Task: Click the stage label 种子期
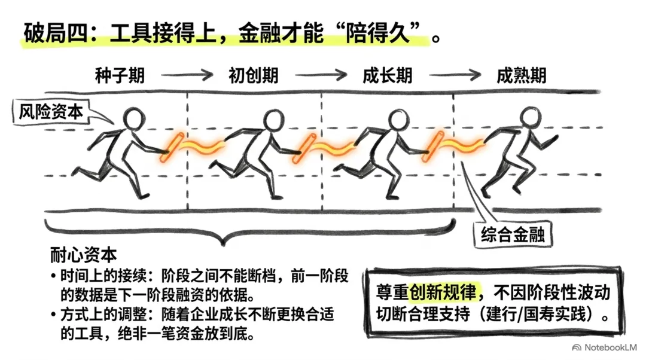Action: coord(120,76)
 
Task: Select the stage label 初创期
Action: coord(254,76)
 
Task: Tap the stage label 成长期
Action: coord(388,76)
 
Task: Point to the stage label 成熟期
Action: coord(522,76)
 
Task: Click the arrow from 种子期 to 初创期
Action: coord(187,75)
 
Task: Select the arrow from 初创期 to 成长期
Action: coord(321,75)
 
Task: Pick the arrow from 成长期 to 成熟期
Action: coord(455,75)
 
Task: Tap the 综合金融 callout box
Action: coord(513,235)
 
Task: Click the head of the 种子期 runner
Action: coord(135,118)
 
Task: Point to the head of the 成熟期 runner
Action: coord(530,117)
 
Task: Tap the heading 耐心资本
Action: coord(84,255)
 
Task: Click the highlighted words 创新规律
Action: coord(443,292)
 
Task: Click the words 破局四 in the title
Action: coord(56,32)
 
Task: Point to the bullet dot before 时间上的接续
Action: coord(53,276)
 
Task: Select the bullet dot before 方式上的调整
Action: coord(53,315)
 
